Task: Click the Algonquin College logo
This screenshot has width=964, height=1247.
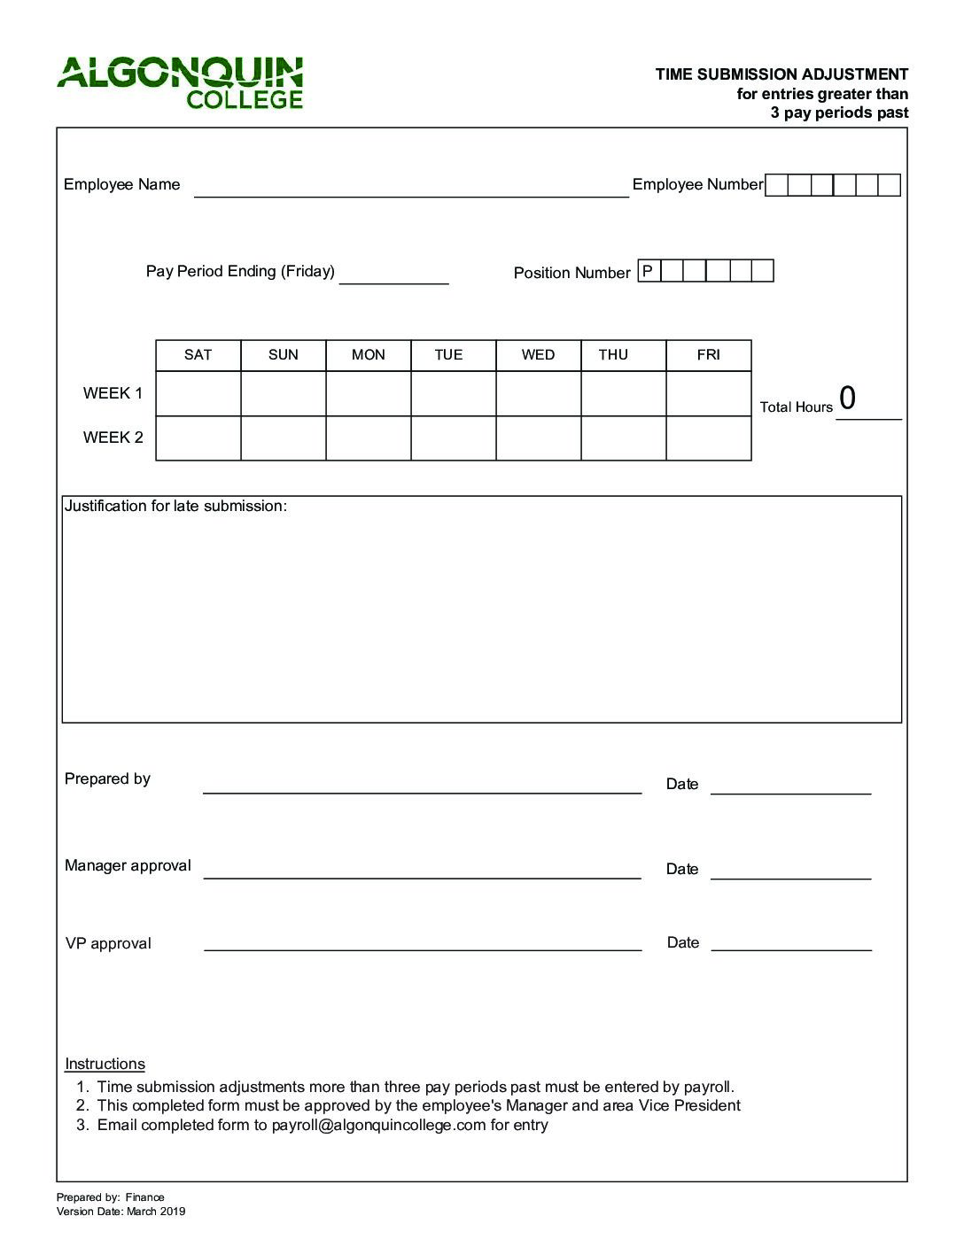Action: coord(181,83)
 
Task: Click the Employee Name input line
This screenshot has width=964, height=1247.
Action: coord(410,188)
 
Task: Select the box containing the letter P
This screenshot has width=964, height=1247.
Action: coord(649,271)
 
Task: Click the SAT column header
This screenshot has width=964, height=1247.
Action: coord(198,355)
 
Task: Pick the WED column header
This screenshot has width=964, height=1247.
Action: coord(538,355)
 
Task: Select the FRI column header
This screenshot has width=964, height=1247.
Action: coord(708,355)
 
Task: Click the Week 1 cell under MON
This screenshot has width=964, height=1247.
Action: coord(368,393)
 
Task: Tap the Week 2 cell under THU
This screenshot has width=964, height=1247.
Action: coord(623,438)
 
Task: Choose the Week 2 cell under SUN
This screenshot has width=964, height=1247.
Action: coord(283,438)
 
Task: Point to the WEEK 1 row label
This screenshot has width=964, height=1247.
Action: coord(113,393)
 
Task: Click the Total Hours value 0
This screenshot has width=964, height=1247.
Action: coord(848,399)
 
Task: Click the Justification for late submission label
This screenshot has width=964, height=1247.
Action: coord(175,507)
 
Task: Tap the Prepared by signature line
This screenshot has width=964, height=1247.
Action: coord(422,785)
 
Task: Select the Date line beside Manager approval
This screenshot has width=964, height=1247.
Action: coord(790,871)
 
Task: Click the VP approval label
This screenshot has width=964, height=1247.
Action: coord(108,944)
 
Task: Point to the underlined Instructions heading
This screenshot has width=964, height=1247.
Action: coord(105,1065)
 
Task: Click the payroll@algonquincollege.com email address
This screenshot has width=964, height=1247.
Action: coord(378,1126)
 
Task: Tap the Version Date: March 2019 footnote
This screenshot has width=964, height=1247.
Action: coord(120,1212)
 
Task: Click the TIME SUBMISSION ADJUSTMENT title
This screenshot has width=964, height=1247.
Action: coord(781,74)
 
